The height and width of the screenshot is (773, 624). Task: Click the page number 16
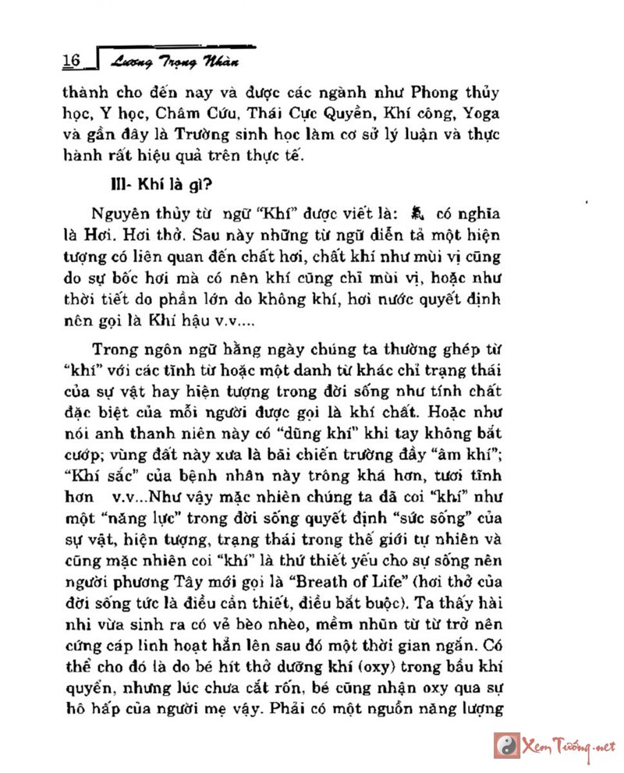coord(71,60)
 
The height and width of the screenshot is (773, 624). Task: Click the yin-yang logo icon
coord(508,744)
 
